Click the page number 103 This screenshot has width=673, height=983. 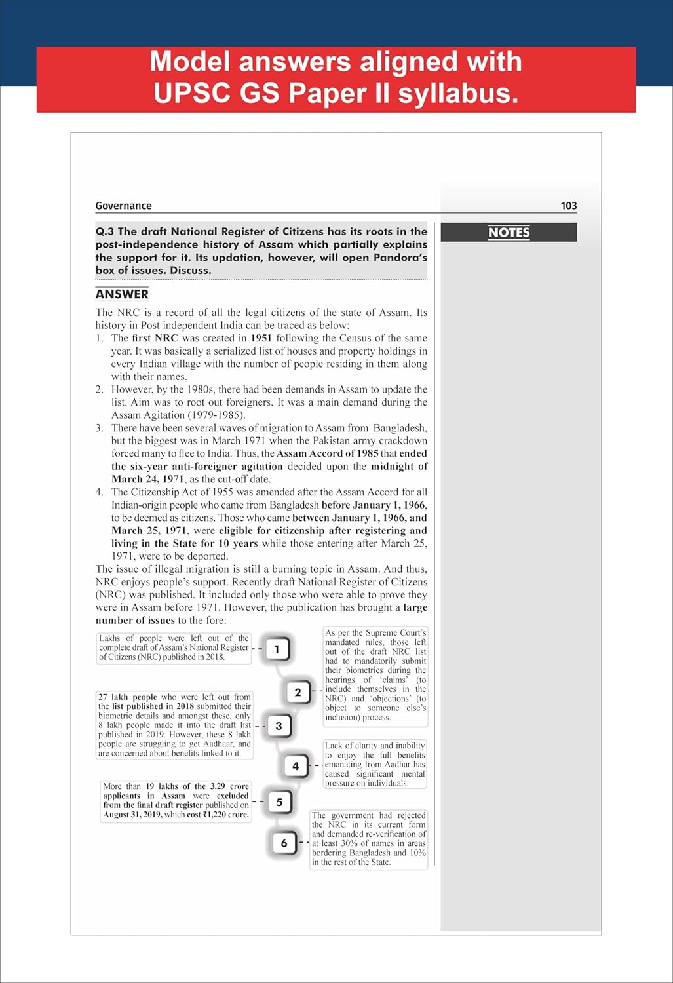coord(568,206)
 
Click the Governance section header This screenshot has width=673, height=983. coord(123,206)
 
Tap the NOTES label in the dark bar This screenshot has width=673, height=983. coord(509,233)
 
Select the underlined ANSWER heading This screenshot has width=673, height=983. coord(122,294)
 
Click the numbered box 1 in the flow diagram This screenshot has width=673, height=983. coord(277,649)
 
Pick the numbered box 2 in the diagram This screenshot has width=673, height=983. coord(298,692)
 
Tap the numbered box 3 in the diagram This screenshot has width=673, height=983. coord(279,726)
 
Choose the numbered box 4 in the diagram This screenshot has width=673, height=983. coord(296,765)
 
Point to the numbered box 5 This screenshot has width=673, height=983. coord(280,801)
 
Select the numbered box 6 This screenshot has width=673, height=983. coord(284,843)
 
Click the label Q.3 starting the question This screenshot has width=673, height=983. coord(105,231)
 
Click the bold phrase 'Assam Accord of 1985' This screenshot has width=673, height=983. coord(328,453)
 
